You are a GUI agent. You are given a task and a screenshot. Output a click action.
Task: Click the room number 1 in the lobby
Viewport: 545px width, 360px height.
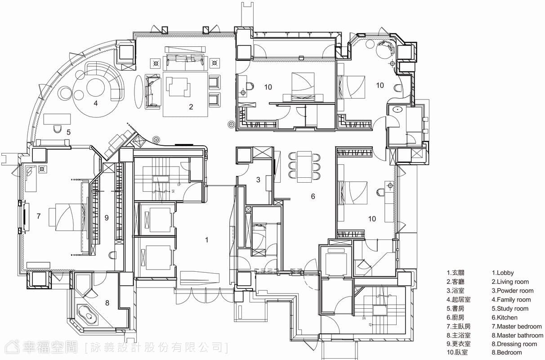pos(206,240)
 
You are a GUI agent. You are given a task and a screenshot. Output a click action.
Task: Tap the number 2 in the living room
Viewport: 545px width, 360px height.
pos(191,107)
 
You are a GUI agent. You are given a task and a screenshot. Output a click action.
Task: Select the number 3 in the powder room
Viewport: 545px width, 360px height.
pos(258,180)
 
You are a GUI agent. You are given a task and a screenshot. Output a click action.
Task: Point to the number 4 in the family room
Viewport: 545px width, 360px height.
pos(96,103)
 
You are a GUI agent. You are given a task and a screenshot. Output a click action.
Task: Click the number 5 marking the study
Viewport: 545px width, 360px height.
pos(69,132)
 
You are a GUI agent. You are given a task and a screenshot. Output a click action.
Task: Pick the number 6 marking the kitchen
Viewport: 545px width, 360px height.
pos(313,196)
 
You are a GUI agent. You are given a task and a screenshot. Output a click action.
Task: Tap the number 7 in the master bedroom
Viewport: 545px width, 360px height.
pos(38,216)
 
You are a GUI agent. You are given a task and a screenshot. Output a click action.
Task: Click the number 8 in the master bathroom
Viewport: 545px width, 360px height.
pos(107,303)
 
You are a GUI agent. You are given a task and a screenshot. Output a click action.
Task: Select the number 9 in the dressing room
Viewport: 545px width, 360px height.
pos(106,218)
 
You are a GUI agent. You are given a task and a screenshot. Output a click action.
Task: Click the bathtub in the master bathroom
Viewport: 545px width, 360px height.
pos(87,314)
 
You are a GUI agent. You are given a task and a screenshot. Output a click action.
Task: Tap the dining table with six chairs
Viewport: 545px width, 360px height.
pos(304,167)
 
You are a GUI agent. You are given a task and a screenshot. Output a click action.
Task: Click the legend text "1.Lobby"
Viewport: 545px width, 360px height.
pos(503,273)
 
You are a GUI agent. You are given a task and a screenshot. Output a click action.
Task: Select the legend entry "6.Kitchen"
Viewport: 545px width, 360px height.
pos(505,317)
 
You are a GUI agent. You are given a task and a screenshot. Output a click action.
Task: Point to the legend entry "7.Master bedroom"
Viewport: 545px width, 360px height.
pos(517,326)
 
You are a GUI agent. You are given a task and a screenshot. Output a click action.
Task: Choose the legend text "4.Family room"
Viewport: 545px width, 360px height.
pos(511,300)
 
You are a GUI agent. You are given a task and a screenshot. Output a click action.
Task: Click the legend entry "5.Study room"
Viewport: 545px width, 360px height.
pos(510,309)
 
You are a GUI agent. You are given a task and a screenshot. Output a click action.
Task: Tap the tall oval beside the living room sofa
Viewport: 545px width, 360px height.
pos(138,91)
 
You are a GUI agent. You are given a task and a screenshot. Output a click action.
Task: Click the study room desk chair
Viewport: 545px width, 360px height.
pos(57,129)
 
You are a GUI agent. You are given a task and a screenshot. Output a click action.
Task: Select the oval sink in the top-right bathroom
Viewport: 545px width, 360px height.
pos(398,109)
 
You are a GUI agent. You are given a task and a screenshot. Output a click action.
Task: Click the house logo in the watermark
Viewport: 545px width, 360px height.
pos(12,346)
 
